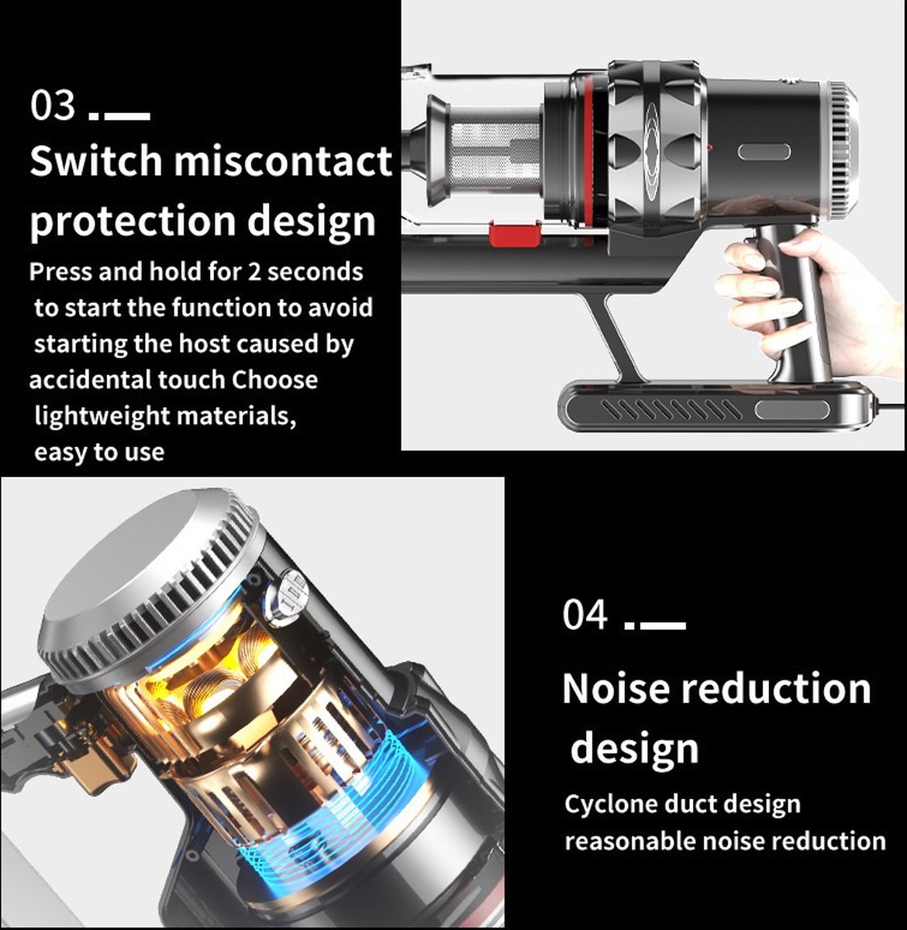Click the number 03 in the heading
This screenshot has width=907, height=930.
[53, 105]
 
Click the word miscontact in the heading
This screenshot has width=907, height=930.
[283, 160]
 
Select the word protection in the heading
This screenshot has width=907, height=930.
[133, 222]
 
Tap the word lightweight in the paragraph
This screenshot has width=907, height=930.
[102, 416]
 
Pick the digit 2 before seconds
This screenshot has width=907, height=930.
[253, 271]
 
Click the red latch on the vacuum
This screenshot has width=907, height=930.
[515, 234]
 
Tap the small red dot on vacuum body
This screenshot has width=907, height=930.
[709, 148]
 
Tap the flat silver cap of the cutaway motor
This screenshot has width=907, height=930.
[139, 559]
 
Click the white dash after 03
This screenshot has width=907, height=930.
[126, 115]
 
